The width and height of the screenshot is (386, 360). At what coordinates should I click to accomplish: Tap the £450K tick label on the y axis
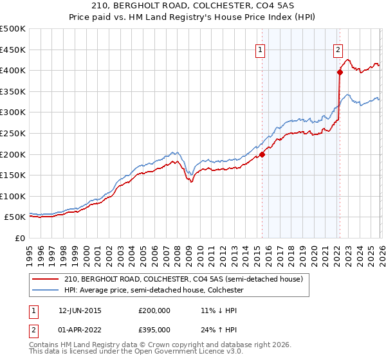[x=13, y=50]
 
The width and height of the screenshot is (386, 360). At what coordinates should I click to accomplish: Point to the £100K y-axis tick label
[x=13, y=196]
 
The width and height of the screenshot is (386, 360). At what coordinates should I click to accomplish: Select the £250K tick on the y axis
[x=13, y=133]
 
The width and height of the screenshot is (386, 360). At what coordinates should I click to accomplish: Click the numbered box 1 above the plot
[x=261, y=50]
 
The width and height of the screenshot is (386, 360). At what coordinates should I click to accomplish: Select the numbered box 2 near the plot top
[x=338, y=50]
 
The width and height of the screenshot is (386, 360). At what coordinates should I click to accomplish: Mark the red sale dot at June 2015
[x=262, y=154]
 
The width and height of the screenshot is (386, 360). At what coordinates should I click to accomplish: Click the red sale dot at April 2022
[x=339, y=72]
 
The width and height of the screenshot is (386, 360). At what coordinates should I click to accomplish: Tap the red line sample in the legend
[x=46, y=280]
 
